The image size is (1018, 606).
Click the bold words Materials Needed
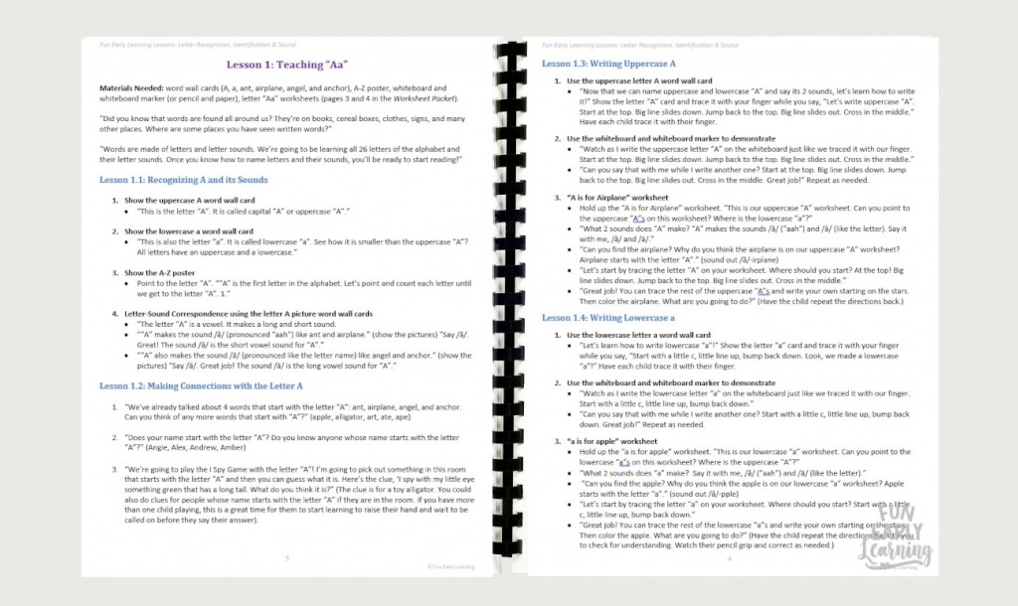[x=131, y=88]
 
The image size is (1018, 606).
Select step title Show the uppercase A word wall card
[x=188, y=200]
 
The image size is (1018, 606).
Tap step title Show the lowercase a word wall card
[x=188, y=230]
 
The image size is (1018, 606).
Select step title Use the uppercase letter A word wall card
[x=639, y=79]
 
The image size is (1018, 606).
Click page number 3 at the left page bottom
[x=288, y=558]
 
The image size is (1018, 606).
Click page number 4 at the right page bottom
[x=729, y=558]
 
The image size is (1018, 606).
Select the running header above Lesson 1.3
[x=639, y=45]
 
